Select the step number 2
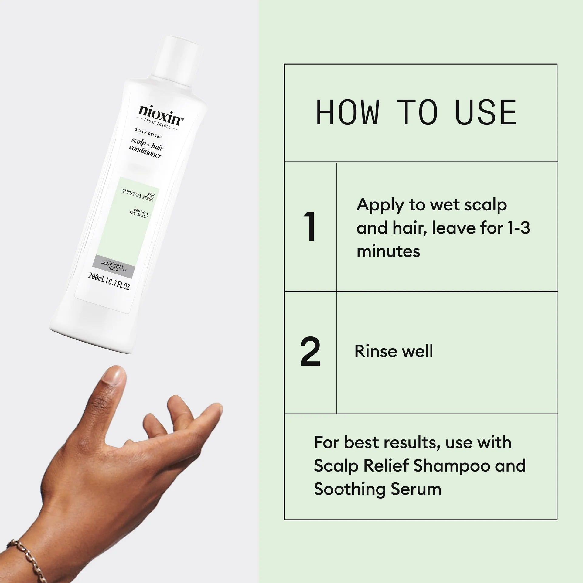[x=310, y=352]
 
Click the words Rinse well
[x=394, y=351]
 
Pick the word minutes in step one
[x=388, y=251]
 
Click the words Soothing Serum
[x=377, y=489]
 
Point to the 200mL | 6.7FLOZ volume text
[x=109, y=281]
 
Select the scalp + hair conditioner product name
[x=146, y=148]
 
